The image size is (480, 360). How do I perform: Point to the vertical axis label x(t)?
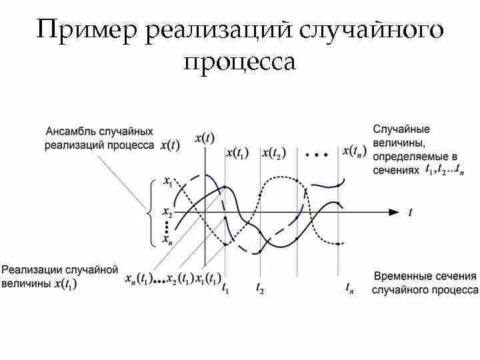(205, 138)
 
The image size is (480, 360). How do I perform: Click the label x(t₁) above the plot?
(237, 153)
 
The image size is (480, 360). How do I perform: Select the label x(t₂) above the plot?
(273, 153)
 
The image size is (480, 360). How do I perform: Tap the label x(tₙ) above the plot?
(355, 151)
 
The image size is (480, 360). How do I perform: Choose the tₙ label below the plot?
(349, 288)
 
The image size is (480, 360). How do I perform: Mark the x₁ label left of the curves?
(167, 181)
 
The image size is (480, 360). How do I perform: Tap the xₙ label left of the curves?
(167, 237)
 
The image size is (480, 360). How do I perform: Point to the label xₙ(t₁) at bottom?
(139, 279)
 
